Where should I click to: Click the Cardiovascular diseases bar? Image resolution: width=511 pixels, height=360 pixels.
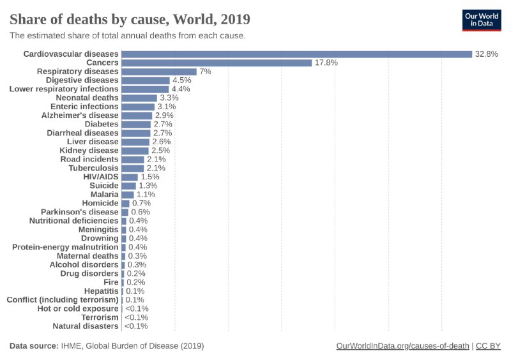296,54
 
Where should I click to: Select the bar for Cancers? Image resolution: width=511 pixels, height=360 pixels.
217,63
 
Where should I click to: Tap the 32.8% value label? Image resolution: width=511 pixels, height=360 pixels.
486,54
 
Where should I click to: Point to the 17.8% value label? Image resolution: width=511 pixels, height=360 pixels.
326,63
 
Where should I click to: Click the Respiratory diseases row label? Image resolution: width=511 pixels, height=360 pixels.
77,71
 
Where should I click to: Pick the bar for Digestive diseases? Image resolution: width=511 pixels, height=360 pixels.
146,80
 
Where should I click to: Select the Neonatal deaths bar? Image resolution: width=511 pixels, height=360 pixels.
139,98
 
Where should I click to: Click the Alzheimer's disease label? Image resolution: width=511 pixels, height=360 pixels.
80,116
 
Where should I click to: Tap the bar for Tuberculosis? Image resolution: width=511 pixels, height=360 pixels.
133,168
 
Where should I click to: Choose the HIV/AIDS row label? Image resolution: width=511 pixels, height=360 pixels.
102,177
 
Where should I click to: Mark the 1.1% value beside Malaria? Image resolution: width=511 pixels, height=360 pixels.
146,194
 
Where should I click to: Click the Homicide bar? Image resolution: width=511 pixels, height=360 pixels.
125,203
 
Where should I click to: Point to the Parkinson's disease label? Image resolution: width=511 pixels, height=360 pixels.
80,212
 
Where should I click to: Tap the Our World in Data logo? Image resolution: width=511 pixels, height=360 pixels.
482,20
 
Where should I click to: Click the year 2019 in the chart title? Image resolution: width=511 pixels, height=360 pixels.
232,18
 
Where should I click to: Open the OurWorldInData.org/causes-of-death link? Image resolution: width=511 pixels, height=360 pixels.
402,346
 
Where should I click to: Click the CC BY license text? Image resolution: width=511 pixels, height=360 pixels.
489,346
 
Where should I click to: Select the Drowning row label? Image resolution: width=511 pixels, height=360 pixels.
99,238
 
